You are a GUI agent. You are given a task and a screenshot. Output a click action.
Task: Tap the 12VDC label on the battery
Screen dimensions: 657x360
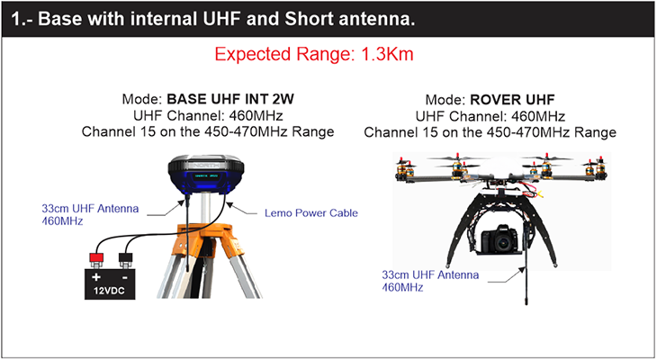[109, 291]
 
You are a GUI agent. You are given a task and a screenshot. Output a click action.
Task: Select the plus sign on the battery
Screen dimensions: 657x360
[96, 277]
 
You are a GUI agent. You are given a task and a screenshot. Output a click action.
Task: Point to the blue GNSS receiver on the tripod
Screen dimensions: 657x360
[205, 174]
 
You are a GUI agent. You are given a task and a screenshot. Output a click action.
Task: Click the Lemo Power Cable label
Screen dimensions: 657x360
[310, 213]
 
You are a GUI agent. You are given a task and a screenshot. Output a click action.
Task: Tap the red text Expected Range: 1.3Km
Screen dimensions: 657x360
[314, 54]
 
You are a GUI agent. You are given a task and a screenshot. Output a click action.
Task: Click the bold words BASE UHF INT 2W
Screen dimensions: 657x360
[230, 99]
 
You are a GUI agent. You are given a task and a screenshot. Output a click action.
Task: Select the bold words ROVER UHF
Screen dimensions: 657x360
[512, 100]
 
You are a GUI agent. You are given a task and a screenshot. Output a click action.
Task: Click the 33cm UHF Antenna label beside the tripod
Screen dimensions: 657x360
[90, 214]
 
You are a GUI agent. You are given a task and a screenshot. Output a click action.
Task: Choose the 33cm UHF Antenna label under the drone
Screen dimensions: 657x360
[430, 281]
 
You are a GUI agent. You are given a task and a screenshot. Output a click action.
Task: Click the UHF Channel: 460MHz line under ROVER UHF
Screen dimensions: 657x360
[490, 116]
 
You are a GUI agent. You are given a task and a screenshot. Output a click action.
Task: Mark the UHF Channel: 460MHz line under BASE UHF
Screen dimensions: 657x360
[208, 115]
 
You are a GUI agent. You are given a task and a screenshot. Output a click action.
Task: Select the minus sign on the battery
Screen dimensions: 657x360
[125, 277]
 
